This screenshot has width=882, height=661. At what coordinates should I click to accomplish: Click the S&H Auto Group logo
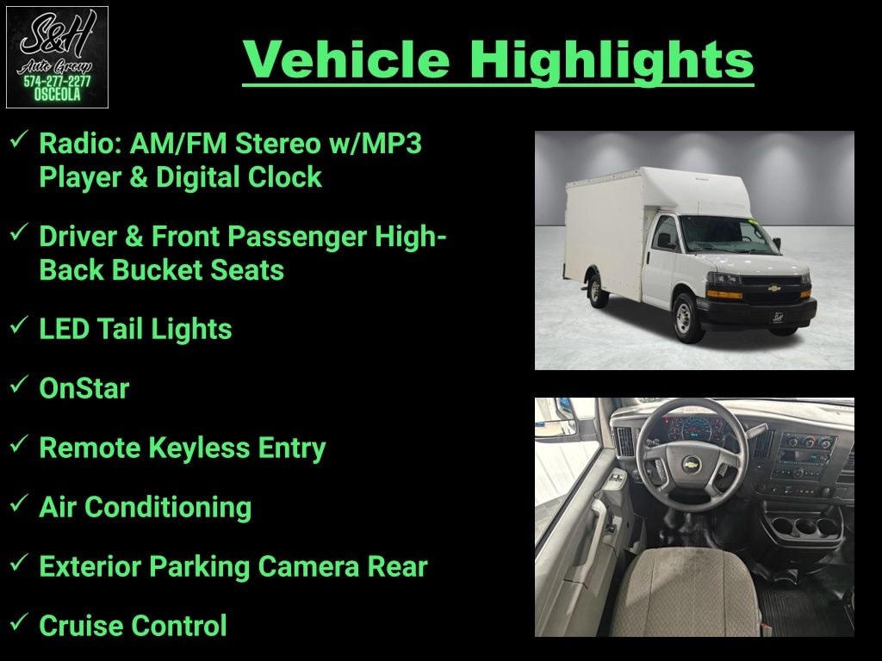click(57, 57)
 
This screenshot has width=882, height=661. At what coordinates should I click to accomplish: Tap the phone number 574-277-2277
click(57, 82)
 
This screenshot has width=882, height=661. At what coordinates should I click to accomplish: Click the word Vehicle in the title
click(346, 59)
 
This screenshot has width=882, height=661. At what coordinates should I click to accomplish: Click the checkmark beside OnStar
click(19, 384)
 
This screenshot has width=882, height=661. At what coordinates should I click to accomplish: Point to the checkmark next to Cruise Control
click(19, 621)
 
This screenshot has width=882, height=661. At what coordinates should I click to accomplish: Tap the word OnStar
click(84, 388)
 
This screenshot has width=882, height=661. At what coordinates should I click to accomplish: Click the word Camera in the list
click(309, 566)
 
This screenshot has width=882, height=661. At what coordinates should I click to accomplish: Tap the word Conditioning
click(168, 508)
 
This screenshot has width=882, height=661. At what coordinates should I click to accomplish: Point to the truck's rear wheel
click(597, 291)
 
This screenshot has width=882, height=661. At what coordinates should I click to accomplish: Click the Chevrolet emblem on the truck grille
click(774, 288)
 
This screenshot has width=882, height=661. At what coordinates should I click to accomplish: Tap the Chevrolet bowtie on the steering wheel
click(691, 465)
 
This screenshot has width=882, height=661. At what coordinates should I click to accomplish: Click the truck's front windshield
click(726, 235)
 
